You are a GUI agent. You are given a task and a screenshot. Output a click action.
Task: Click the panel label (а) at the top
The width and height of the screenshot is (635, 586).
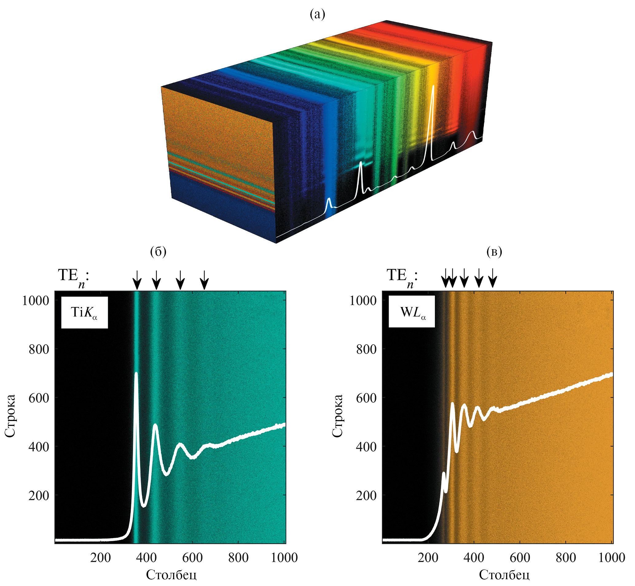317,14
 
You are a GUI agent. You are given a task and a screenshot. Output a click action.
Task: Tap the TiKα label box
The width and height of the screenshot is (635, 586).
84,312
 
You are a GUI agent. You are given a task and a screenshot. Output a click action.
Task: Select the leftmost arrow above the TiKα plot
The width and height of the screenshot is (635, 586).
137,279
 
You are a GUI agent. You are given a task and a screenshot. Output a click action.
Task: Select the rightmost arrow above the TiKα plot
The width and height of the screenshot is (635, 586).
205,279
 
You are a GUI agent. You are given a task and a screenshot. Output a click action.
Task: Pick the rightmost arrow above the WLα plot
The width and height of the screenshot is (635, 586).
492,278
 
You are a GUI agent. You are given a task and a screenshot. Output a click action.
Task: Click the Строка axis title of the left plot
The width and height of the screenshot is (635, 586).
10,416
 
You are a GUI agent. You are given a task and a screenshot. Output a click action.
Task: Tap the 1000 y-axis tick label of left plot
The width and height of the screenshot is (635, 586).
36,300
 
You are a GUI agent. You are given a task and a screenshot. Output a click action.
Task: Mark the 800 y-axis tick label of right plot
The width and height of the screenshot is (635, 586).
366,349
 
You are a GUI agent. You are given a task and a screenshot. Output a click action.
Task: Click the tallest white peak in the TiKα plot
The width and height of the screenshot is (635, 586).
136,374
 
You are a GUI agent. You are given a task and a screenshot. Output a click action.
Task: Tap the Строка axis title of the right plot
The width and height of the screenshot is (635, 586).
338,416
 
